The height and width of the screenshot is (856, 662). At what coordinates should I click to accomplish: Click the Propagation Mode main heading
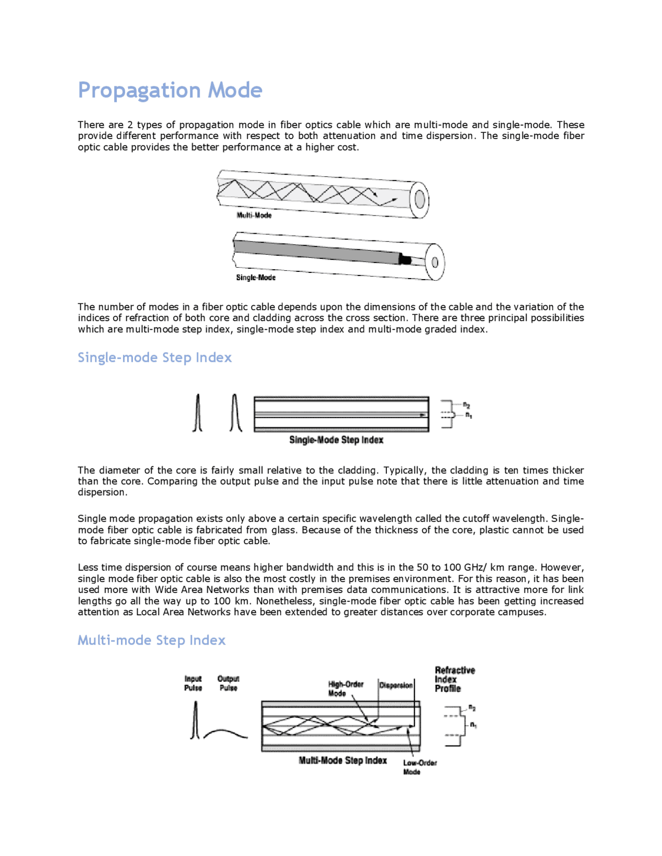170,90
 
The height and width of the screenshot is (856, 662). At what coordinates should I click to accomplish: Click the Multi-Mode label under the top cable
254,215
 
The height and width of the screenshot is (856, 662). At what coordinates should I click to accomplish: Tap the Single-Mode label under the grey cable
255,278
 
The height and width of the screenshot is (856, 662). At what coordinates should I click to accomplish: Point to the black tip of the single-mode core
405,259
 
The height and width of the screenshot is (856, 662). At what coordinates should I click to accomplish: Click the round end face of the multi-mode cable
419,200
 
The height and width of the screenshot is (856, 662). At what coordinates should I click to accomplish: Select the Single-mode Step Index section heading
154,357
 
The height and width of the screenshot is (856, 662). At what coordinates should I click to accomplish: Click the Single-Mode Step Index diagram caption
336,440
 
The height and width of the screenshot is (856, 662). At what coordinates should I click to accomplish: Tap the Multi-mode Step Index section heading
151,640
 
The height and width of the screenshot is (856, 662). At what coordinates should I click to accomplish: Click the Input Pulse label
193,683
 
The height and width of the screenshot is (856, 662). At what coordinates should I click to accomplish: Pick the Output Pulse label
228,683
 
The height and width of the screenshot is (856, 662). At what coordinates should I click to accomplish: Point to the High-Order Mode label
345,688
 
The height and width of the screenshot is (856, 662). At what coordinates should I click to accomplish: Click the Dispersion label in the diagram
396,685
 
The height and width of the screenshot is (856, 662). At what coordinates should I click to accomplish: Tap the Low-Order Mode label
419,767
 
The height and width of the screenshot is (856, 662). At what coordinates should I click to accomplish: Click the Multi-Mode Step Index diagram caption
342,760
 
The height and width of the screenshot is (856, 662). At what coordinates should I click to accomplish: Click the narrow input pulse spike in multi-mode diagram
195,721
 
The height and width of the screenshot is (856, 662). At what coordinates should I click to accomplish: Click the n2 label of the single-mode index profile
467,405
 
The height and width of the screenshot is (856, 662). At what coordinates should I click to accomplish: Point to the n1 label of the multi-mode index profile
473,725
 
